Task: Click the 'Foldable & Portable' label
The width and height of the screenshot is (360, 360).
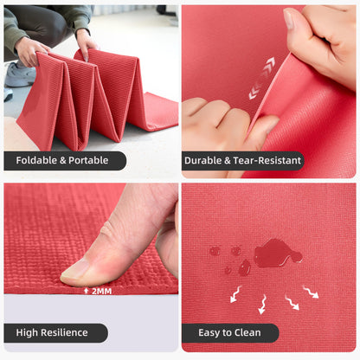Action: [65, 160]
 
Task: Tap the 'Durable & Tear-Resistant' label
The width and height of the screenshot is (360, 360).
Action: [242, 160]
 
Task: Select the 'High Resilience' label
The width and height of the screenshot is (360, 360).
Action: [55, 332]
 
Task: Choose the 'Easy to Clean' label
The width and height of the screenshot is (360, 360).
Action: [229, 332]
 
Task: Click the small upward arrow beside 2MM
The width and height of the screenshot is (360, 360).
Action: [86, 291]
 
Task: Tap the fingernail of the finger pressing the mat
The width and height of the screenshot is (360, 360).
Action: [76, 270]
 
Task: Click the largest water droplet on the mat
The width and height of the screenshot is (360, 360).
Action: [276, 253]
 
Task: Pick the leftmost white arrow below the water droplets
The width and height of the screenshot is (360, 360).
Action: [235, 295]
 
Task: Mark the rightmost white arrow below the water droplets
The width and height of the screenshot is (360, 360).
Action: [310, 292]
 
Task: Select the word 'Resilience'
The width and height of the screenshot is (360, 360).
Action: [67, 332]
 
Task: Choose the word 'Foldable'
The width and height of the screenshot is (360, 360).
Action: [38, 160]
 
